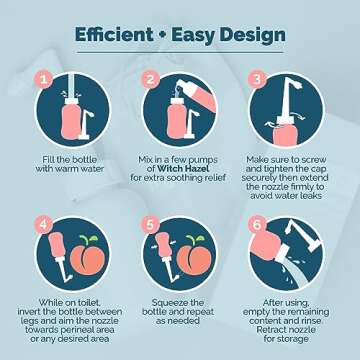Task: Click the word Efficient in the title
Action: (114, 35)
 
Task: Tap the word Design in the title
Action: (251, 36)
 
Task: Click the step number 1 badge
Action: (44, 80)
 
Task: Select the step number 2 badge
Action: (151, 80)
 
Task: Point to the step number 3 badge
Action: (257, 80)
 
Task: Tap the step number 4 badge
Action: (44, 225)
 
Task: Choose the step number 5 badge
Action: (151, 225)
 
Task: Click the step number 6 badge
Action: (257, 225)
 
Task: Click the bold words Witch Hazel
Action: (178, 169)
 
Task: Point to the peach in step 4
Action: (88, 258)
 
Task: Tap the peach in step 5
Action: (195, 258)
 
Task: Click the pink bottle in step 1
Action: (71, 119)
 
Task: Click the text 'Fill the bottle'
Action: (69, 160)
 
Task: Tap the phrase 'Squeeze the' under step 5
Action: (178, 303)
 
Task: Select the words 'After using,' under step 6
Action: (286, 303)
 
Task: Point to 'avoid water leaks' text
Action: (286, 196)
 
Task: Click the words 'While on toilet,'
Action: (71, 303)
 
